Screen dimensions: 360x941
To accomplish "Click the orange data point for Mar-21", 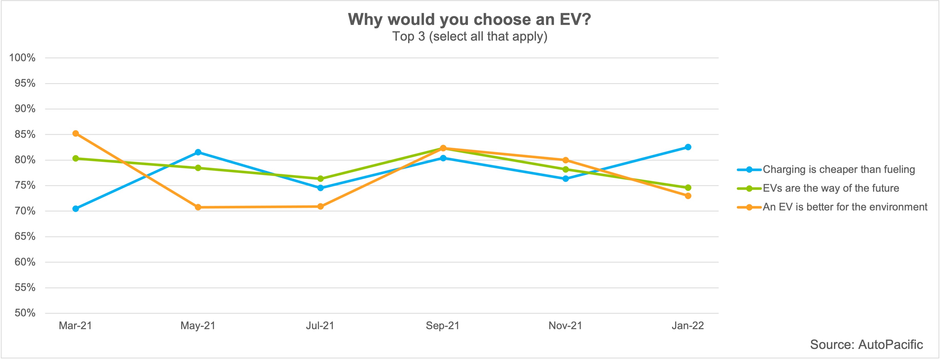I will click(x=76, y=134).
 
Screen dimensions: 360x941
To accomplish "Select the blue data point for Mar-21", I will click(x=76, y=209).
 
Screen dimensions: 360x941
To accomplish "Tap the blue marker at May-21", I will click(x=198, y=152).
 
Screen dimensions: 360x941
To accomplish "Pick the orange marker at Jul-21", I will click(x=320, y=206).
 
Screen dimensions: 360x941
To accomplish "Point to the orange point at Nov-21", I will click(x=565, y=160).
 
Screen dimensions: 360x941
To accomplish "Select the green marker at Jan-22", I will click(x=688, y=188).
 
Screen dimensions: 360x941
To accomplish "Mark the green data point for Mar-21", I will click(x=76, y=159).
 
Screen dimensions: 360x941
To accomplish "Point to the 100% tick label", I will click(x=22, y=58).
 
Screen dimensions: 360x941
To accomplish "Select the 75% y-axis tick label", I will click(x=25, y=186).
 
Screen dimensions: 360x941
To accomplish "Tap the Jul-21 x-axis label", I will click(x=320, y=326).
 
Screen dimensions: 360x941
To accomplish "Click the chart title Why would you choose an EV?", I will click(x=469, y=19).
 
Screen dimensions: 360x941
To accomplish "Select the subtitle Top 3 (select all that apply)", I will click(x=469, y=36).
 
